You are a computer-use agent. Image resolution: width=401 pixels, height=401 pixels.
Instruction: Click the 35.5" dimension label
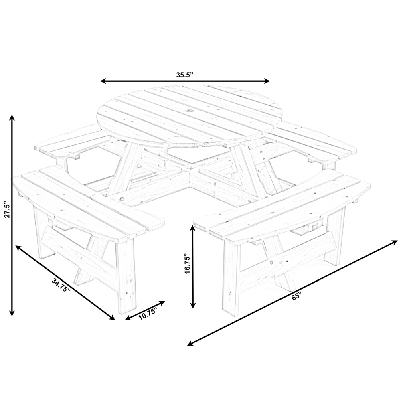[x=185, y=75]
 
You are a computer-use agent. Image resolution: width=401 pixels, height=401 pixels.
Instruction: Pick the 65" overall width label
[x=297, y=297]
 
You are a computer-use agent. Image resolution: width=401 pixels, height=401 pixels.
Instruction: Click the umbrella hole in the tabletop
[x=188, y=110]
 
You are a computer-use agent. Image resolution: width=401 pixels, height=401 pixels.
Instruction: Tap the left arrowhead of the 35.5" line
[x=103, y=81]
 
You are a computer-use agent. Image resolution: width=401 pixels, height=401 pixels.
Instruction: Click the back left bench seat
[x=72, y=142]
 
